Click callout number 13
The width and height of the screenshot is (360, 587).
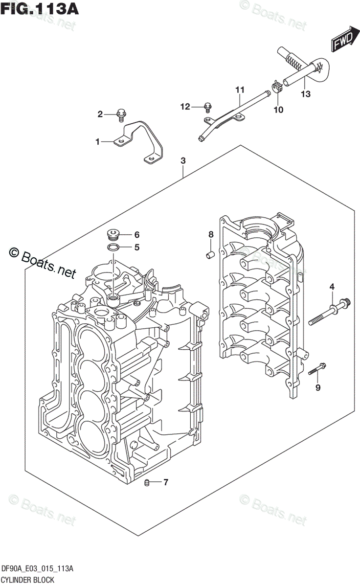coord(305,94)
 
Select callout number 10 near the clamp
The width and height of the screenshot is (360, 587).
coord(278,110)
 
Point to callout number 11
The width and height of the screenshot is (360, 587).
coord(239,90)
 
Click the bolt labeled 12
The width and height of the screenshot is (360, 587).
coord(208,106)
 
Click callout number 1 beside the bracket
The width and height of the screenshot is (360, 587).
coord(97,142)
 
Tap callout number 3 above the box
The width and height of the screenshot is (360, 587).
coord(183,160)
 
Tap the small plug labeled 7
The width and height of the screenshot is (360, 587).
coord(146,483)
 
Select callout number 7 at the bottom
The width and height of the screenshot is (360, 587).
coord(165,483)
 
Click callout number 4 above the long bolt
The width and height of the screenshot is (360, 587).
coord(331,287)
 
